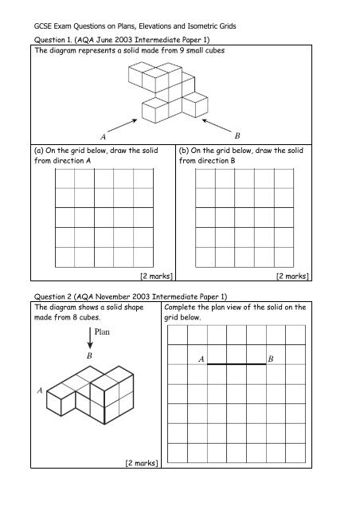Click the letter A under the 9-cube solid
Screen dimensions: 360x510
pyautogui.click(x=103, y=137)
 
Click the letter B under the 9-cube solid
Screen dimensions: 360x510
pyautogui.click(x=237, y=135)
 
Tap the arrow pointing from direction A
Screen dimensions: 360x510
pyautogui.click(x=123, y=126)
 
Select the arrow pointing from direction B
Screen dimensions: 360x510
pyautogui.click(x=217, y=126)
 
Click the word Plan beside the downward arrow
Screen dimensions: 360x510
pyautogui.click(x=102, y=331)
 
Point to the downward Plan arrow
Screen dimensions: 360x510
pyautogui.click(x=90, y=338)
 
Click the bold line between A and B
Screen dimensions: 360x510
pyautogui.click(x=237, y=364)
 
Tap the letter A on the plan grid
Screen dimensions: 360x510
pyautogui.click(x=202, y=359)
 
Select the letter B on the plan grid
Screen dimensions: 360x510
pyautogui.click(x=271, y=359)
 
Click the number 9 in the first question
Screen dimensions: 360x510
pyautogui.click(x=182, y=50)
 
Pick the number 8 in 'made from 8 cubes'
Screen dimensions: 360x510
pyautogui.click(x=75, y=317)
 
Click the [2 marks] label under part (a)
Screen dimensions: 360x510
pyautogui.click(x=156, y=277)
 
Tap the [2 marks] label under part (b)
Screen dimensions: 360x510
pyautogui.click(x=292, y=277)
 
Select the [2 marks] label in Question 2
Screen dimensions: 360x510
pyautogui.click(x=142, y=463)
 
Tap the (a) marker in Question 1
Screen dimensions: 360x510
pyautogui.click(x=39, y=151)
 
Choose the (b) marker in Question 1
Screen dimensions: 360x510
pyautogui.click(x=184, y=151)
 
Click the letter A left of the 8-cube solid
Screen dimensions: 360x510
pyautogui.click(x=40, y=390)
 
